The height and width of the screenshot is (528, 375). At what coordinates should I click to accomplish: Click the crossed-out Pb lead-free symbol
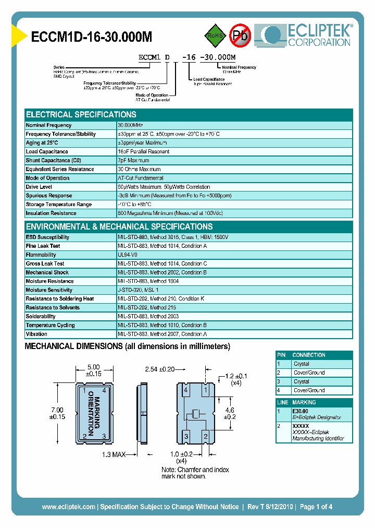click(x=240, y=35)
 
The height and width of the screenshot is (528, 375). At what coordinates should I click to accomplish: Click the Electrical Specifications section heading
click(x=81, y=114)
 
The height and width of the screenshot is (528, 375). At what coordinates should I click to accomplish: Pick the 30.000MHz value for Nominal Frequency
click(x=130, y=125)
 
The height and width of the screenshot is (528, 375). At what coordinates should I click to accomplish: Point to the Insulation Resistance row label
click(x=51, y=213)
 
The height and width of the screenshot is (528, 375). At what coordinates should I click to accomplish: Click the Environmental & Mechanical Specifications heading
click(x=119, y=226)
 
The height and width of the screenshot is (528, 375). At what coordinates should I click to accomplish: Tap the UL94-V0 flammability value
click(x=128, y=255)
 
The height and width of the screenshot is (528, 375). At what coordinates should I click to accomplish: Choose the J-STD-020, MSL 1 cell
click(x=138, y=290)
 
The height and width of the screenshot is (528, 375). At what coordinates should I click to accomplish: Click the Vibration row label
click(x=36, y=334)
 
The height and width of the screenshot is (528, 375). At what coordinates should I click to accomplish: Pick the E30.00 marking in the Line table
click(x=301, y=411)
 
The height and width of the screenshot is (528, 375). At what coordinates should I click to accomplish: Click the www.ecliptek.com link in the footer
click(x=68, y=507)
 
